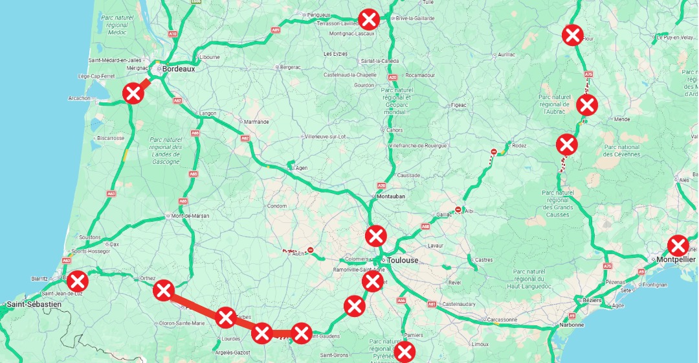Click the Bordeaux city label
point(179,69)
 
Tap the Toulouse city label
point(403,260)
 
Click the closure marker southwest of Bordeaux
point(133,93)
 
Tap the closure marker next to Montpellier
point(678,246)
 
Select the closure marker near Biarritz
point(78,281)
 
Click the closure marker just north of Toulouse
point(376,235)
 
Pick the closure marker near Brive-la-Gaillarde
point(369,18)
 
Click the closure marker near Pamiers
point(405,351)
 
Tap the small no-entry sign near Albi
point(458,209)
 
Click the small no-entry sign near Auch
point(311,250)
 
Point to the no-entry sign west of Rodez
point(494,152)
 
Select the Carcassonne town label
point(502,320)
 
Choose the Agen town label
point(302,168)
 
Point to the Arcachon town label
point(80,99)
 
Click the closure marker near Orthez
point(164,290)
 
